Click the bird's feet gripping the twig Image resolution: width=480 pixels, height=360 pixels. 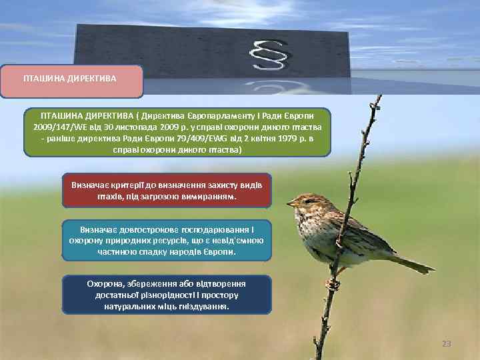click(332, 283)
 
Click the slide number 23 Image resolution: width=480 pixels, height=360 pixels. click(446, 344)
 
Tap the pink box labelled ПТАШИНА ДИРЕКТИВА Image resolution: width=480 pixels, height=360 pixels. click(69, 79)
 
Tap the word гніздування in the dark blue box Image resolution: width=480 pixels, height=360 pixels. click(202, 307)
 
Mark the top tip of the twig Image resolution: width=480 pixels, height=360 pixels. click(379, 96)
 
